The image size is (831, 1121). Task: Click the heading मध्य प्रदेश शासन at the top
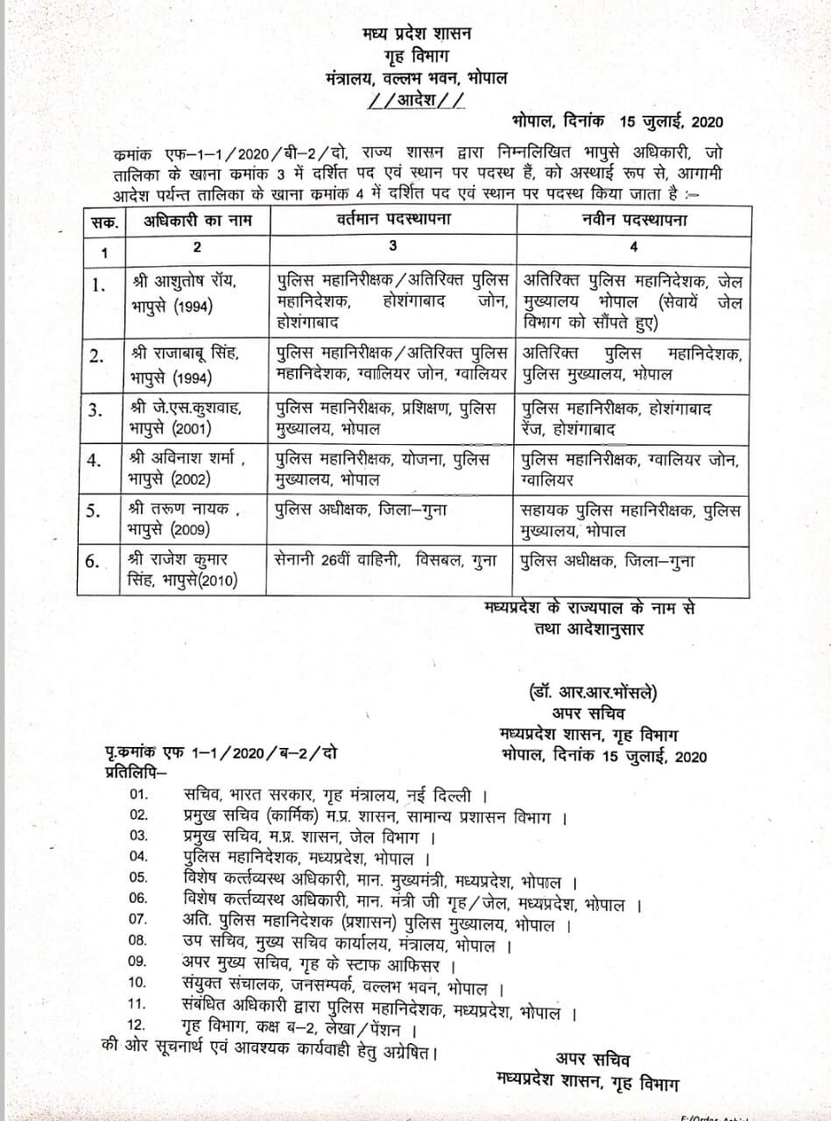click(x=416, y=34)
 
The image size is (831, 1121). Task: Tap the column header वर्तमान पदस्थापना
click(x=391, y=221)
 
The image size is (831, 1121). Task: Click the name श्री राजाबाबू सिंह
click(x=187, y=353)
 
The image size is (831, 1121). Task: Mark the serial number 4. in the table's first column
click(x=99, y=459)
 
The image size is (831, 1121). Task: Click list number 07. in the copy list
click(x=139, y=920)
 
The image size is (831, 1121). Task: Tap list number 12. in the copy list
click(x=139, y=1025)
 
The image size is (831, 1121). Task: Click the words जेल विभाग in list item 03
click(x=402, y=836)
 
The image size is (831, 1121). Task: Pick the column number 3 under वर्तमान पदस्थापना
click(x=391, y=247)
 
